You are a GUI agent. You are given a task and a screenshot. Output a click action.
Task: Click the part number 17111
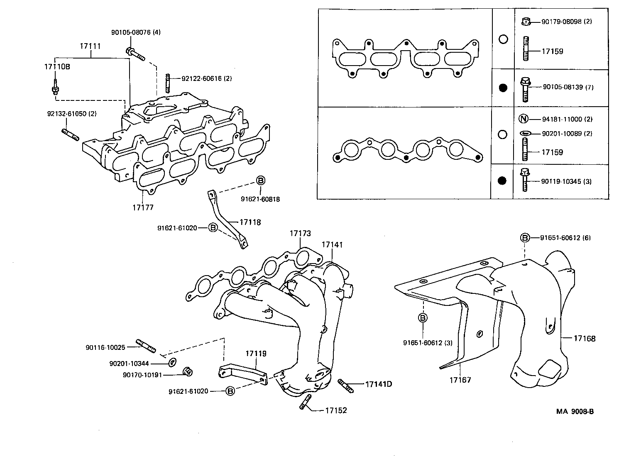(90, 46)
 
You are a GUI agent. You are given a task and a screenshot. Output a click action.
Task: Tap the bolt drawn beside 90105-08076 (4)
(135, 54)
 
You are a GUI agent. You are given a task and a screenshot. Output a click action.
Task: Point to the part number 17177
(143, 207)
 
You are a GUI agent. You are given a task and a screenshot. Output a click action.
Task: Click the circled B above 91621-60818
(260, 181)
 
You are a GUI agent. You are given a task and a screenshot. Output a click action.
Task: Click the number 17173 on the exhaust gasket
(300, 234)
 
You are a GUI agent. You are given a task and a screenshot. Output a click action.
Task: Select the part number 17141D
(378, 384)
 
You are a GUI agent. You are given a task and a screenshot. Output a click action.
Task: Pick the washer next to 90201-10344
(172, 362)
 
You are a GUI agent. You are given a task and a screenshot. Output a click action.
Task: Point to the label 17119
(256, 354)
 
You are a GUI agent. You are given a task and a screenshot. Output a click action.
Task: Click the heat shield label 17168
(585, 338)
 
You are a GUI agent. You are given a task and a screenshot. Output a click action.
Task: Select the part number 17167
(460, 380)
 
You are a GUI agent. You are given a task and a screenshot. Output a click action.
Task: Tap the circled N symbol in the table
(524, 119)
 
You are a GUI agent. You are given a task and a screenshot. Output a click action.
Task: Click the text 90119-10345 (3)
(567, 181)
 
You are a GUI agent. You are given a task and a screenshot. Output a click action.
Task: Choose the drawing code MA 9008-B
(575, 411)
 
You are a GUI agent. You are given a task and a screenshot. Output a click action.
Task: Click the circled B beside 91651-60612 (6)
(525, 237)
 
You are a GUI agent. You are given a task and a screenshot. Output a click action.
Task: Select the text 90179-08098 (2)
(567, 21)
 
